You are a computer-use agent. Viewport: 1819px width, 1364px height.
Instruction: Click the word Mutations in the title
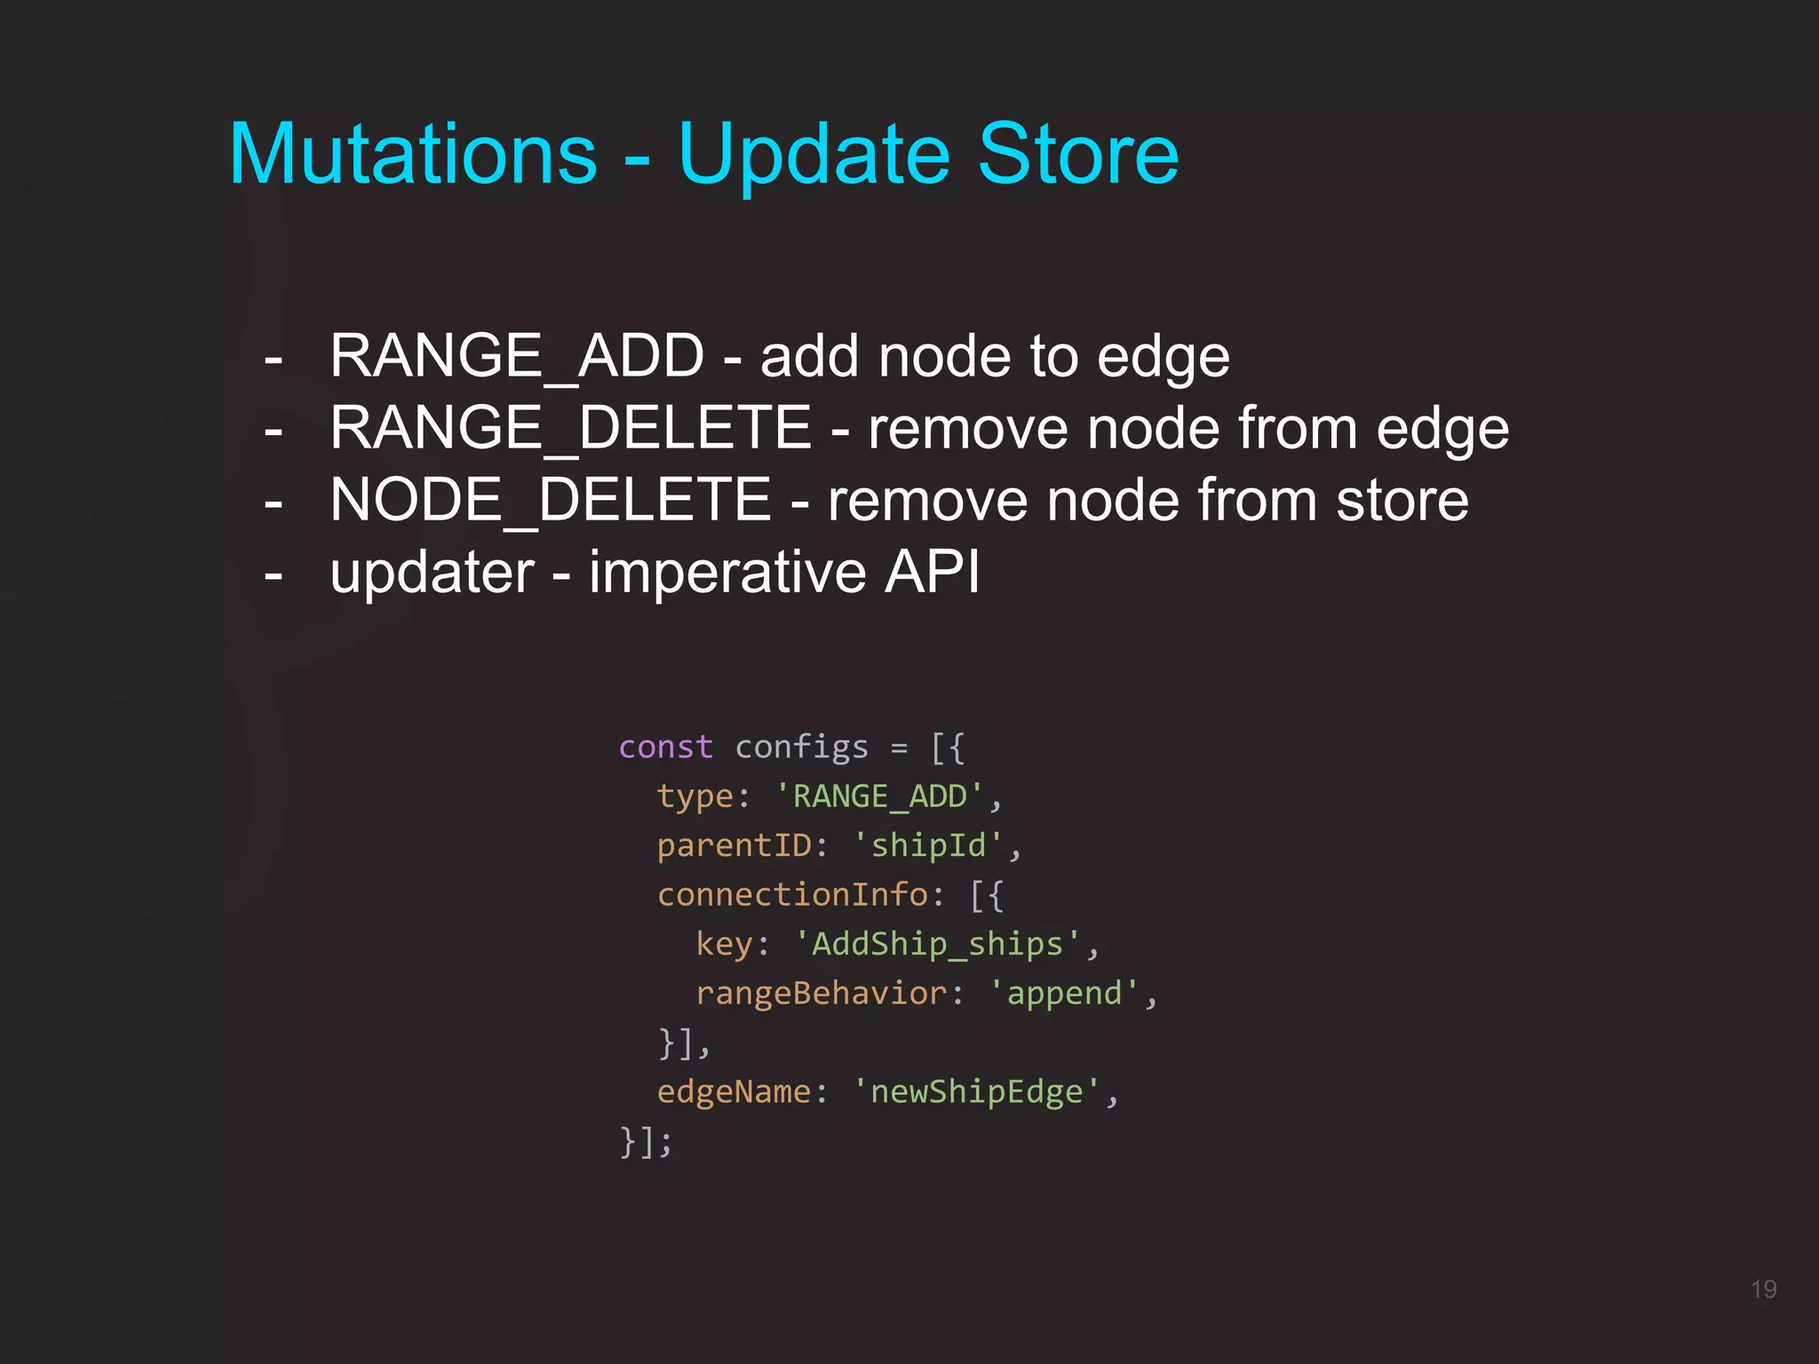pyautogui.click(x=413, y=155)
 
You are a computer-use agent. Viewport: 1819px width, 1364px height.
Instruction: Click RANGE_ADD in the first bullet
pyautogui.click(x=517, y=357)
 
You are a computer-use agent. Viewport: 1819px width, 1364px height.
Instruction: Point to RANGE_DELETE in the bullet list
pyautogui.click(x=570, y=429)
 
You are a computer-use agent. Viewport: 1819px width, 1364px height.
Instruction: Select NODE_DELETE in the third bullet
pyautogui.click(x=550, y=500)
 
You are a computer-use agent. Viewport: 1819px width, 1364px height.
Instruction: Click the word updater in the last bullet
pyautogui.click(x=432, y=573)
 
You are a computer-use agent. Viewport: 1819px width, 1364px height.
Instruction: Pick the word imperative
pyautogui.click(x=727, y=573)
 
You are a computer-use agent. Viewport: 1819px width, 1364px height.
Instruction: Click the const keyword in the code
pyautogui.click(x=665, y=747)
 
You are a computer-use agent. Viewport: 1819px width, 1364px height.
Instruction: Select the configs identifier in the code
pyautogui.click(x=801, y=748)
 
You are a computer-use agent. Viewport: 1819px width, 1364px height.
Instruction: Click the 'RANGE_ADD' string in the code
pyautogui.click(x=879, y=797)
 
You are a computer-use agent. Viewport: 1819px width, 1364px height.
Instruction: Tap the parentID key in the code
pyautogui.click(x=734, y=845)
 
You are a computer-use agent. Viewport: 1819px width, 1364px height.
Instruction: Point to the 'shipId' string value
pyautogui.click(x=927, y=845)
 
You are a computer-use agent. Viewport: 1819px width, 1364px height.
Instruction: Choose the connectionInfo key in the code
pyautogui.click(x=792, y=894)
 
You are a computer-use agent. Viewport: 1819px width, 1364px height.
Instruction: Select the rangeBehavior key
pyautogui.click(x=821, y=993)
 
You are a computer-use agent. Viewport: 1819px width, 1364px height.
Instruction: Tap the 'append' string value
pyautogui.click(x=1063, y=994)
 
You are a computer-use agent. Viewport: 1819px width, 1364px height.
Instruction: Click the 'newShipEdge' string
pyautogui.click(x=976, y=1091)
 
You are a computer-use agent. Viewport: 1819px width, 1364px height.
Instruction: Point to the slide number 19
pyautogui.click(x=1763, y=1289)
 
